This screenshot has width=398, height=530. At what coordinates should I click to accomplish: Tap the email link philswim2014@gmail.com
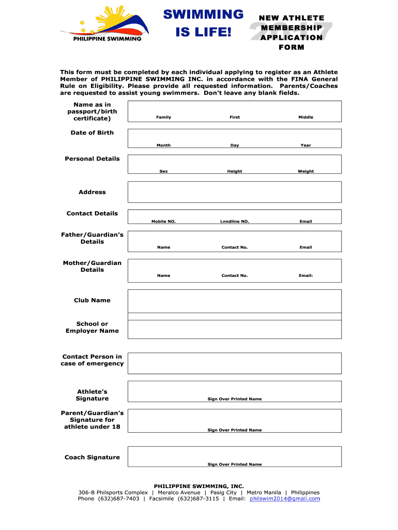pos(285,498)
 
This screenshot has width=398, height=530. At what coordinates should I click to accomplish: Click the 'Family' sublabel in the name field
pos(163,117)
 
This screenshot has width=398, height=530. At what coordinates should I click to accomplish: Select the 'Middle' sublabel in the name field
pos(305,117)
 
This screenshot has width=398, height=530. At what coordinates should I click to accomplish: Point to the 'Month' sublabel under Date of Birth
pos(163,145)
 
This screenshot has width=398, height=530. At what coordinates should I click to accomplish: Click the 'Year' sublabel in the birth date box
pos(305,145)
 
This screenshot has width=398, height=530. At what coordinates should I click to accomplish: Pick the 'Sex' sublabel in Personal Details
pos(163,171)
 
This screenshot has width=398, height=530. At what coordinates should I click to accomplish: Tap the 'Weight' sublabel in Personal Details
pos(305,171)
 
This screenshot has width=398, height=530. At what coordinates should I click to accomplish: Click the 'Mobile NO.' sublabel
pos(163,222)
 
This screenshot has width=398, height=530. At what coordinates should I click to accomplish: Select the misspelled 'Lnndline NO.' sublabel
pos(235,222)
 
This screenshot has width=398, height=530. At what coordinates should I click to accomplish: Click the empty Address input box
pos(235,192)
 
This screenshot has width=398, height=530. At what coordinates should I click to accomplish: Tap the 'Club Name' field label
pos(92,300)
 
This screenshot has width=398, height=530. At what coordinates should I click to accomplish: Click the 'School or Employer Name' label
pos(92,327)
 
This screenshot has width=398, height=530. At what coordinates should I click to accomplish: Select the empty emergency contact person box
pos(235,363)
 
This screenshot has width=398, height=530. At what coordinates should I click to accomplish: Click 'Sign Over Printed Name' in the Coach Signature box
pos(235,464)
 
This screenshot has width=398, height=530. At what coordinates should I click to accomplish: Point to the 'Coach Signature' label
pos(92,457)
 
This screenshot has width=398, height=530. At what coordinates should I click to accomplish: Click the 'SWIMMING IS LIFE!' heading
pos(203,23)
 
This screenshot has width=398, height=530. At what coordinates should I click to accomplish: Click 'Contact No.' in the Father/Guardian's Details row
pos(235,247)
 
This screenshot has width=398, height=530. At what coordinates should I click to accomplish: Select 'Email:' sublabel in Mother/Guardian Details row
pos(305,275)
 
